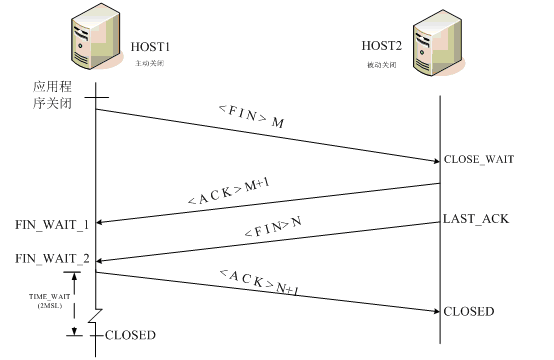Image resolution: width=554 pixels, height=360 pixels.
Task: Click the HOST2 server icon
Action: click(x=439, y=44)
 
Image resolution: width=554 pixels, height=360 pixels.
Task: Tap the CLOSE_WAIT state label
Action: click(x=477, y=160)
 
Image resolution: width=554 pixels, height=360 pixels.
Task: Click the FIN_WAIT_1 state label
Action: click(x=52, y=222)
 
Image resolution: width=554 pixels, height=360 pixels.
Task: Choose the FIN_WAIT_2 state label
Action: click(x=52, y=259)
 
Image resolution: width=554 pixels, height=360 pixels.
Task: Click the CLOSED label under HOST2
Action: click(x=470, y=312)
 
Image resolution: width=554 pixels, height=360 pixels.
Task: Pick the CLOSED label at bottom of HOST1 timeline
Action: click(x=130, y=335)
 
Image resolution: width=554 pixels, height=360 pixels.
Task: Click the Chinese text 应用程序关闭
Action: click(x=50, y=98)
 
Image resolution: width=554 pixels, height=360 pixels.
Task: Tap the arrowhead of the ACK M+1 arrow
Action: click(x=101, y=222)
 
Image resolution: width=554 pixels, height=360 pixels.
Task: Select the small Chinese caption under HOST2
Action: click(x=383, y=64)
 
